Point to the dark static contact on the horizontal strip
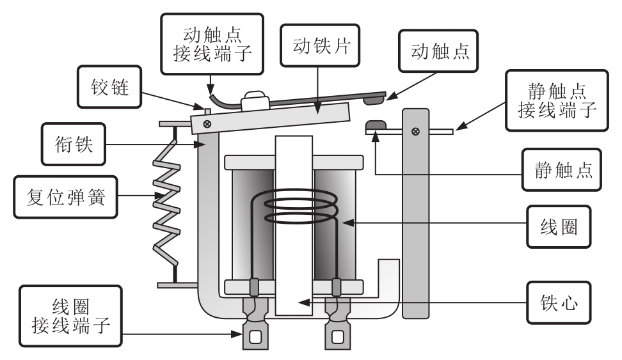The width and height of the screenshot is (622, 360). point(375,124)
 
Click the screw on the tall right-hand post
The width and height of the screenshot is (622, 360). point(415,131)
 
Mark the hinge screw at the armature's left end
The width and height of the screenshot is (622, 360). point(206,123)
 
